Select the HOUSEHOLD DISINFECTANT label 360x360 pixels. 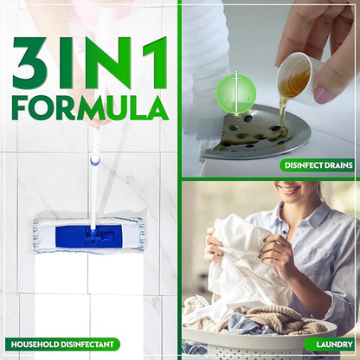click(x=61, y=344)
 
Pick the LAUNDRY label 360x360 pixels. click(x=330, y=344)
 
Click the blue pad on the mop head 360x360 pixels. click(x=89, y=235)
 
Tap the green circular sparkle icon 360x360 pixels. click(x=236, y=93)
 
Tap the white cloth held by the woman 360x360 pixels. click(x=242, y=260)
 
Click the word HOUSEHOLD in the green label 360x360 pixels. click(x=37, y=344)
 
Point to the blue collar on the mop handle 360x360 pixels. click(x=95, y=160)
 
